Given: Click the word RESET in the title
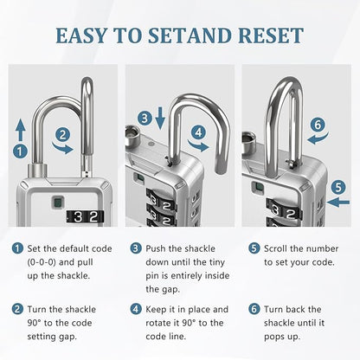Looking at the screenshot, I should tap(270, 35).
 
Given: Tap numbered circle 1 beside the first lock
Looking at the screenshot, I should tap(20, 151).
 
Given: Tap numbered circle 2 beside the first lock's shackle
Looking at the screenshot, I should tap(62, 134).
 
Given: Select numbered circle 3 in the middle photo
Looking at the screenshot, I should tap(145, 117).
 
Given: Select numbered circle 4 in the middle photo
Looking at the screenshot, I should tap(199, 132).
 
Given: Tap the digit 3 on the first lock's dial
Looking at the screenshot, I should tap(79, 217).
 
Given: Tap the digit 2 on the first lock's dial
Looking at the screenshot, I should tap(93, 217).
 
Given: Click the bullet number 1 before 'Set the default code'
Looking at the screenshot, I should tap(18, 247).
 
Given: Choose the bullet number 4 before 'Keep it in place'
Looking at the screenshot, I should tap(136, 309).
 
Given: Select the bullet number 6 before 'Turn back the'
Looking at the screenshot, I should tap(254, 309).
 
